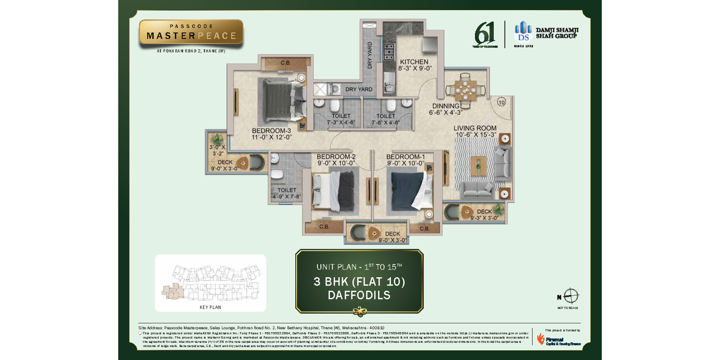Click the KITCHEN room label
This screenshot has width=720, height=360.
click(x=414, y=62)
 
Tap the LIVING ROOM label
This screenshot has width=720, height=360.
click(x=475, y=128)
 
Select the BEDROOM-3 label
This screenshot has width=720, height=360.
click(x=271, y=131)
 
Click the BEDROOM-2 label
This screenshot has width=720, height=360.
click(x=336, y=157)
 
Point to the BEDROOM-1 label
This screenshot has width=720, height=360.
click(x=405, y=157)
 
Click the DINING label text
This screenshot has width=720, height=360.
click(x=445, y=106)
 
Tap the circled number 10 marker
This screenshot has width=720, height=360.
click(x=501, y=102)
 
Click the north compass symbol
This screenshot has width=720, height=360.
click(x=570, y=296)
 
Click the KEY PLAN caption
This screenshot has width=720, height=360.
click(x=210, y=307)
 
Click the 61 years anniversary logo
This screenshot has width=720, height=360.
click(x=484, y=34)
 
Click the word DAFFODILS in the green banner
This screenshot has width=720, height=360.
click(x=359, y=295)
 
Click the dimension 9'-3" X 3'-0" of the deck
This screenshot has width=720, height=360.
click(x=484, y=218)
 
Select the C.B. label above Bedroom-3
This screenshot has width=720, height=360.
click(x=285, y=63)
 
